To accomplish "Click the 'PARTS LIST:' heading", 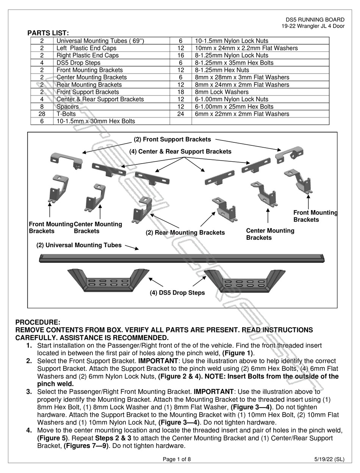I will coord(48,33).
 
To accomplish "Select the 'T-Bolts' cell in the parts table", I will coord(66,114).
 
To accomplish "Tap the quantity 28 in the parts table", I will coord(42,114).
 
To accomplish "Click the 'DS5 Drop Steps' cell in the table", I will coord(78,63).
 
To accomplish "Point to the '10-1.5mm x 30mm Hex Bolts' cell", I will coord(95,121).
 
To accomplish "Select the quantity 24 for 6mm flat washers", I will coord(180,114).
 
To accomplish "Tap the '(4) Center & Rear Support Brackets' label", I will coord(180,151).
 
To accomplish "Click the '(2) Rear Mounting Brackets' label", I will coord(185,233).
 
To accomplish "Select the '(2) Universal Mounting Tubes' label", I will coord(79,245).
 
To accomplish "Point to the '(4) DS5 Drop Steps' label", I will coord(177,293).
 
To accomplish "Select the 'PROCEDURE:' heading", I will coord(38,322).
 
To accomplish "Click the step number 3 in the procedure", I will coord(29,392).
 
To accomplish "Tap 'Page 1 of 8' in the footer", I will coord(177,459).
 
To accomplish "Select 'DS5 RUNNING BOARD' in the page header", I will coord(315,20).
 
